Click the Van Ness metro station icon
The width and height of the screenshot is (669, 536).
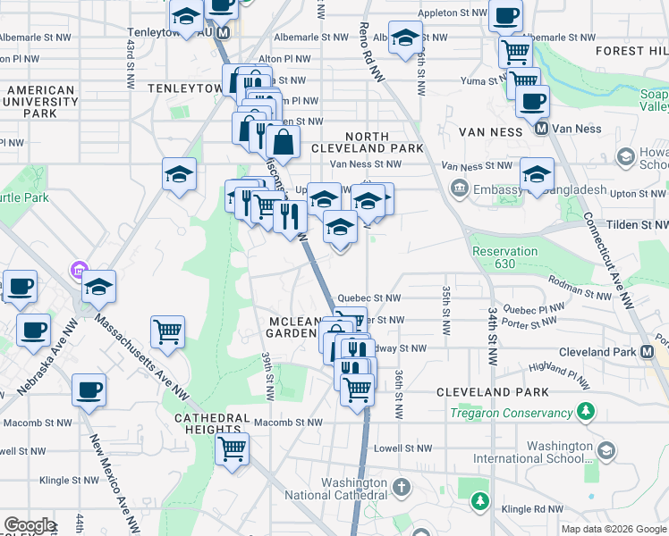click(541, 129)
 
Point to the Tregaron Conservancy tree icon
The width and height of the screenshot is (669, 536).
click(585, 412)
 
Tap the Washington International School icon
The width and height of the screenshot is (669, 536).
click(606, 450)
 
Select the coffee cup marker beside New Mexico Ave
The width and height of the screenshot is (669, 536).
click(89, 390)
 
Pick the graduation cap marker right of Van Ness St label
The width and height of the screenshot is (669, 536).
click(537, 173)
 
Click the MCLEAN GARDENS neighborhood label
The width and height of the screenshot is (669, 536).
click(292, 327)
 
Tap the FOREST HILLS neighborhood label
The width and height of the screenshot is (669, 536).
click(635, 51)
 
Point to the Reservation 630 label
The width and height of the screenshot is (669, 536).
click(505, 257)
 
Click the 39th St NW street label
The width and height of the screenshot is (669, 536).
click(267, 375)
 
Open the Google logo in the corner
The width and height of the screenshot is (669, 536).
click(30, 525)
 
